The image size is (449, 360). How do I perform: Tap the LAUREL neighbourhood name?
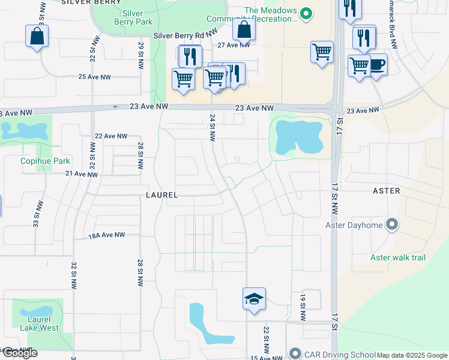tap(161, 196)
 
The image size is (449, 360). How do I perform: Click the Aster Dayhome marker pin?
tap(392, 224)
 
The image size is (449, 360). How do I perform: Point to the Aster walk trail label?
tap(397, 257)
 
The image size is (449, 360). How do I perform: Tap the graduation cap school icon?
tap(254, 299)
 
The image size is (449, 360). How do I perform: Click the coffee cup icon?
tap(376, 64)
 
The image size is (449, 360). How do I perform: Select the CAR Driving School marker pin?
tap(295, 353)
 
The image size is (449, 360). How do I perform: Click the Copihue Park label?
tap(45, 161)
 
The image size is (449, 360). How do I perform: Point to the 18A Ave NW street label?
tap(107, 235)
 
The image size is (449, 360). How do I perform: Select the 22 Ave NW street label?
tap(111, 136)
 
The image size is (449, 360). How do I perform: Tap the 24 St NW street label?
tap(212, 127)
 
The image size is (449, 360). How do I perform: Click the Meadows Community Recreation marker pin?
tap(307, 13)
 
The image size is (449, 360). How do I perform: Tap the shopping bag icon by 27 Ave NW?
tap(244, 29)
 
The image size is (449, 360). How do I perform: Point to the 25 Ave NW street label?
tap(95, 77)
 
